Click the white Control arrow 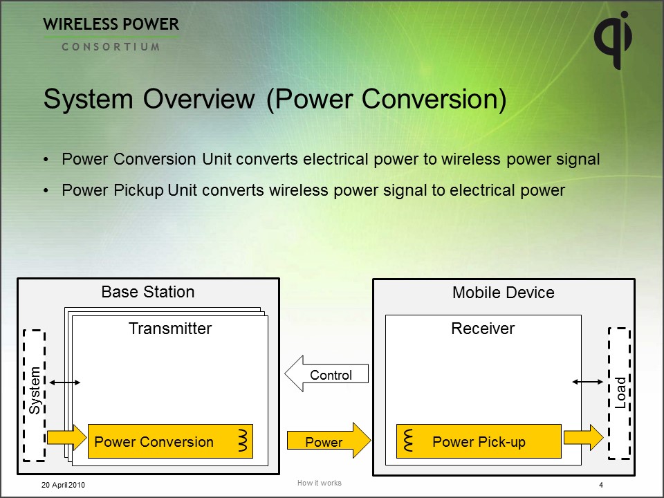(x=326, y=375)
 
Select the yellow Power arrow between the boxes (x=329, y=441)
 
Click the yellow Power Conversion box (x=170, y=441)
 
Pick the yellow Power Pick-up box (x=478, y=441)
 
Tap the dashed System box (x=34, y=395)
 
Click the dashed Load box (x=620, y=393)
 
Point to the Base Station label (x=148, y=292)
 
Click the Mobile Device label (x=503, y=293)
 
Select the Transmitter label (x=169, y=329)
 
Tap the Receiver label (x=483, y=329)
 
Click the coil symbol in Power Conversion (x=243, y=440)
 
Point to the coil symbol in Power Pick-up (x=407, y=440)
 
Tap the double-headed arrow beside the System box (x=65, y=382)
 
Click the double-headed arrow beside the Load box (x=588, y=382)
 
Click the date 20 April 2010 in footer (x=63, y=485)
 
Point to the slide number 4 (x=601, y=485)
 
